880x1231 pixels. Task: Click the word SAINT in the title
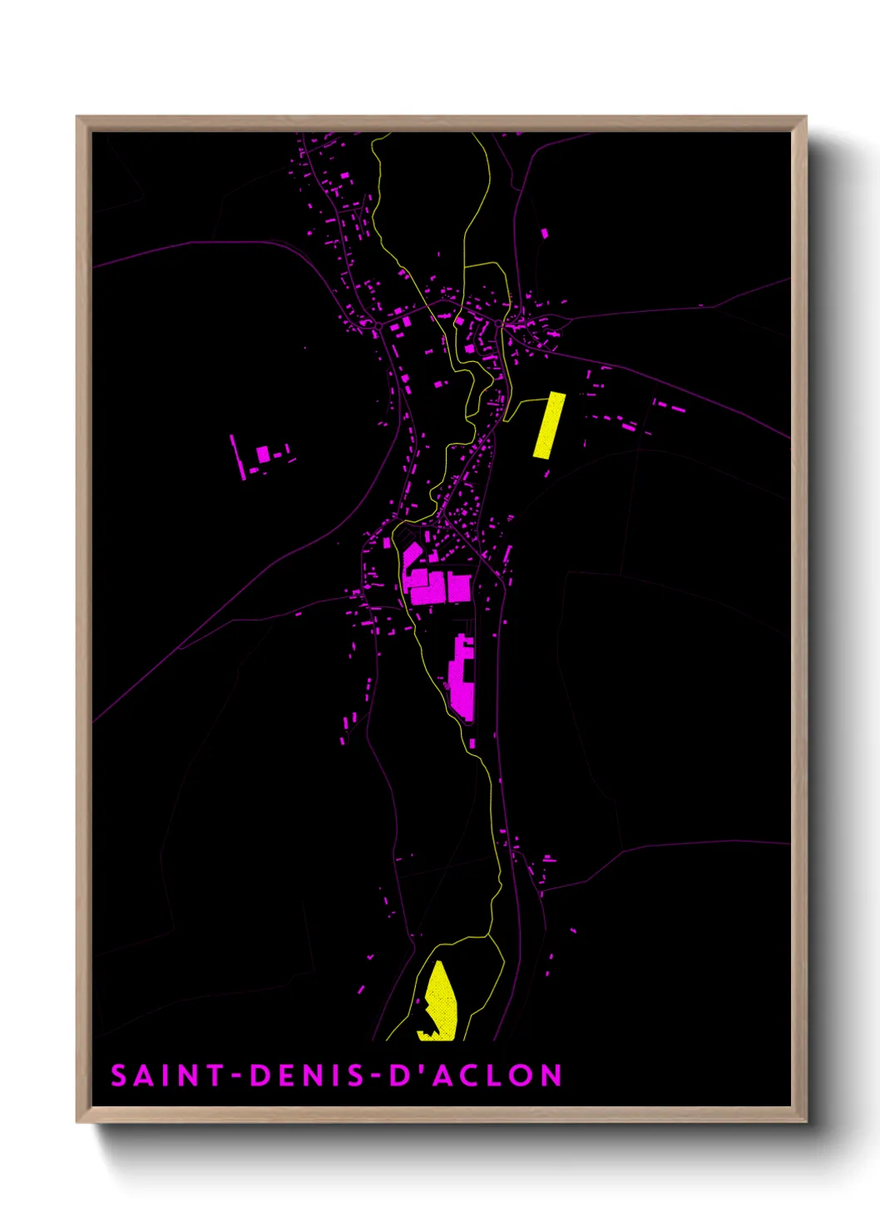coord(167,1075)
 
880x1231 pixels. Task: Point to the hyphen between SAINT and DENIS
coord(237,1076)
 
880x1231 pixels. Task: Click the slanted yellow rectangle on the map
coord(549,425)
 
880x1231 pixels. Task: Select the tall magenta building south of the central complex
coord(462,678)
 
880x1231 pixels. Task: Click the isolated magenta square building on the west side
coord(264,454)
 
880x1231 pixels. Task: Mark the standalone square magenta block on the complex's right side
coord(459,587)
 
